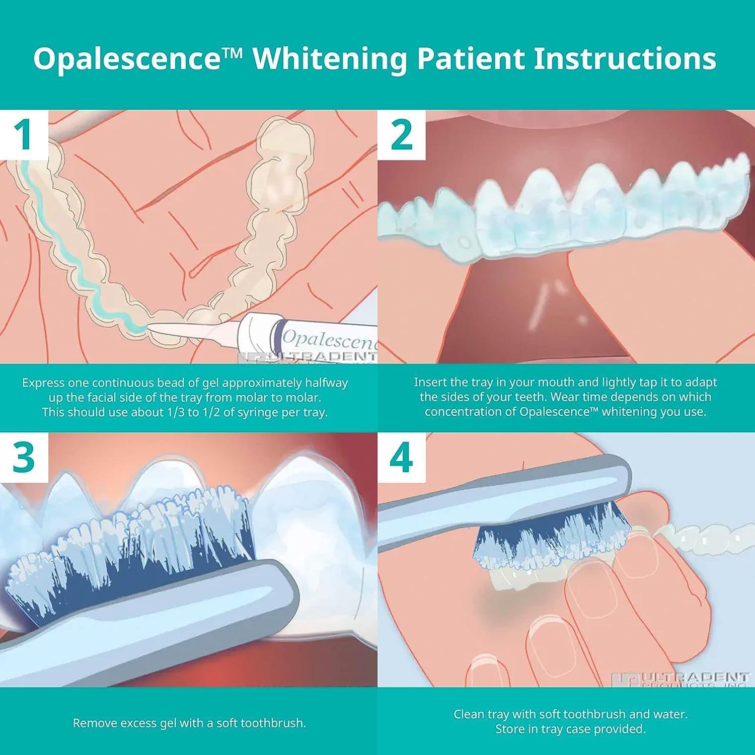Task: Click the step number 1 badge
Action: (24, 134)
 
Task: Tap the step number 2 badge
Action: (401, 134)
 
